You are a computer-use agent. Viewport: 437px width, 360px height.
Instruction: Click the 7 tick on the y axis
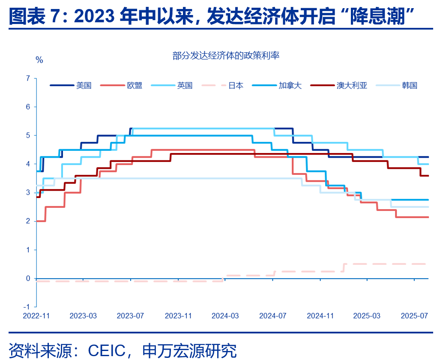click(x=28, y=78)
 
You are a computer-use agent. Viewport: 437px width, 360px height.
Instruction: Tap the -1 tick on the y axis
click(x=27, y=307)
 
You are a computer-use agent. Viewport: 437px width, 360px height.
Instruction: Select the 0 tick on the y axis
click(x=28, y=279)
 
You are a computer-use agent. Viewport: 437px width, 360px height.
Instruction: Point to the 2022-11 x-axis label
click(x=36, y=316)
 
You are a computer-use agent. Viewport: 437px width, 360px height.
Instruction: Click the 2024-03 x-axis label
click(x=225, y=316)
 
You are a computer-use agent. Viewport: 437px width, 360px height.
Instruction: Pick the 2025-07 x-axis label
click(x=414, y=316)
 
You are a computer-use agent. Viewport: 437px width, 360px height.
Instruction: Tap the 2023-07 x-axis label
click(x=131, y=316)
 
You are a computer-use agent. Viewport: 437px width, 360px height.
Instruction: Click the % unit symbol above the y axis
click(x=39, y=60)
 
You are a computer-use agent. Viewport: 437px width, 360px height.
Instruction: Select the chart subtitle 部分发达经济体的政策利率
click(x=226, y=55)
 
